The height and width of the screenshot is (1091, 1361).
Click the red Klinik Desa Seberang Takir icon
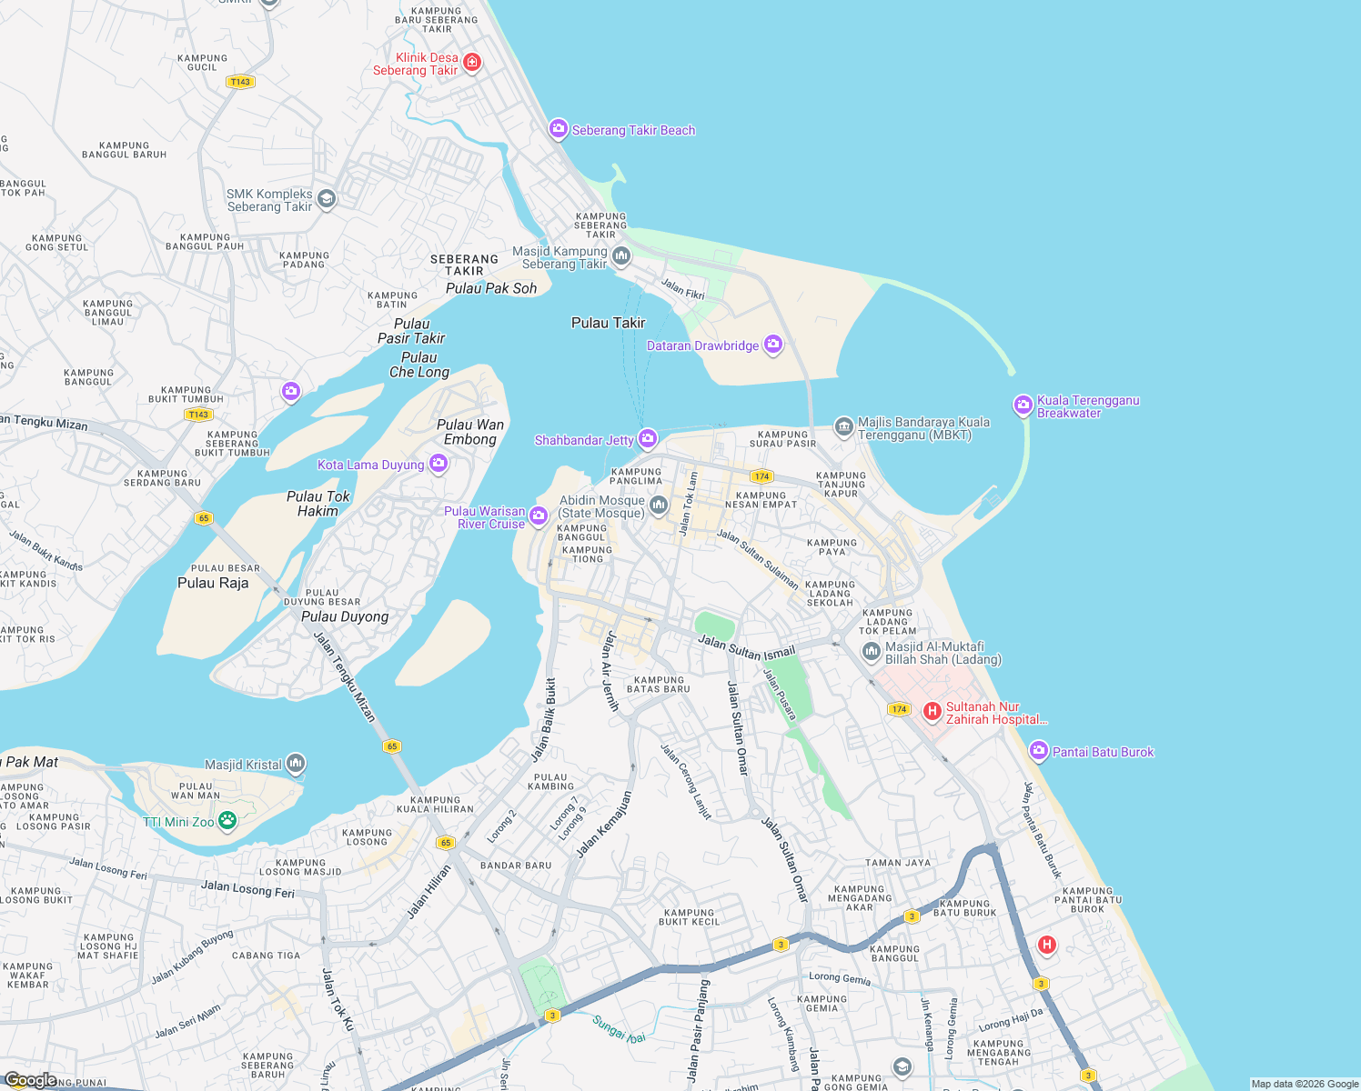click(471, 62)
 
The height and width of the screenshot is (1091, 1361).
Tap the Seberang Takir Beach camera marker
click(558, 129)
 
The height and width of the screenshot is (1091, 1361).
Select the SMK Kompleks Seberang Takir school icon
click(327, 199)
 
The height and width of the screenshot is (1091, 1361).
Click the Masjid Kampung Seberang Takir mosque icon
click(621, 256)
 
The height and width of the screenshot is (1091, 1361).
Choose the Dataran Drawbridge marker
click(773, 345)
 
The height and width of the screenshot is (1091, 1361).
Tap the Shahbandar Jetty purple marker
click(648, 439)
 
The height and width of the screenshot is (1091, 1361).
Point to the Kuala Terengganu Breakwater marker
click(1023, 405)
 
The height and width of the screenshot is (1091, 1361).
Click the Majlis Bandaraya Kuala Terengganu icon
click(844, 426)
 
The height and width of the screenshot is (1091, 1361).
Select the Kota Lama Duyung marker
click(439, 464)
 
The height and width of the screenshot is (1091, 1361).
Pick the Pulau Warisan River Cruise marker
click(539, 516)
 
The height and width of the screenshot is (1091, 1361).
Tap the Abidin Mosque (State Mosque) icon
click(659, 505)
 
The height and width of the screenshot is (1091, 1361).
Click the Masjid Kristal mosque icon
click(296, 764)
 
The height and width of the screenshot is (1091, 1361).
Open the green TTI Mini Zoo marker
click(227, 821)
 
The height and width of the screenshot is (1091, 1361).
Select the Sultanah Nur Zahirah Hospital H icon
click(932, 711)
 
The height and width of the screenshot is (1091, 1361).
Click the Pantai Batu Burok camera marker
click(1039, 751)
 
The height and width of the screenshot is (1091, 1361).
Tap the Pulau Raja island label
click(213, 583)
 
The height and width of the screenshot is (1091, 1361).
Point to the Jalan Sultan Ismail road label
click(746, 647)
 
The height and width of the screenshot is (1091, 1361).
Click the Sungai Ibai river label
click(619, 1029)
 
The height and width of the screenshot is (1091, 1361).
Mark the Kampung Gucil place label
click(202, 62)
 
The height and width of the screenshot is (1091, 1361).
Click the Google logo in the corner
click(31, 1079)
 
